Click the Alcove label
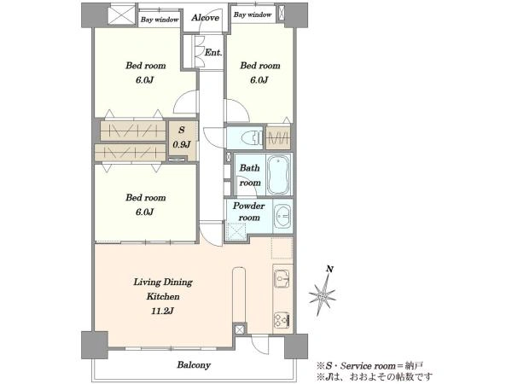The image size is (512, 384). (205, 18)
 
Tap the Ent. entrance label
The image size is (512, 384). (213, 52)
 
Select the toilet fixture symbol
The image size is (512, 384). (252, 137)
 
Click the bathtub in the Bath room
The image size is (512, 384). (278, 175)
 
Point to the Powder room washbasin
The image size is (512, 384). (282, 215)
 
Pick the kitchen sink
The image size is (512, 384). (282, 278)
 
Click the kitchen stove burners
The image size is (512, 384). (282, 320)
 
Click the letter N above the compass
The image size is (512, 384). (330, 269)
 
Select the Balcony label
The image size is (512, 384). (194, 364)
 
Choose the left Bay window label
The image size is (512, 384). (160, 20)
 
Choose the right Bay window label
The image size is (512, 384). (253, 15)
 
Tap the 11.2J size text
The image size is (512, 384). (162, 311)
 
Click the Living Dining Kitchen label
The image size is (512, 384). (163, 289)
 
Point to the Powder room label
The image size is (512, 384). (249, 212)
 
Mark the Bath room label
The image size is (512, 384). (250, 175)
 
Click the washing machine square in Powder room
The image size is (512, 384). (236, 231)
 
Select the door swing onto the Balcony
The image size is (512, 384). (260, 345)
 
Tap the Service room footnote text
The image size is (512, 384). (369, 366)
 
